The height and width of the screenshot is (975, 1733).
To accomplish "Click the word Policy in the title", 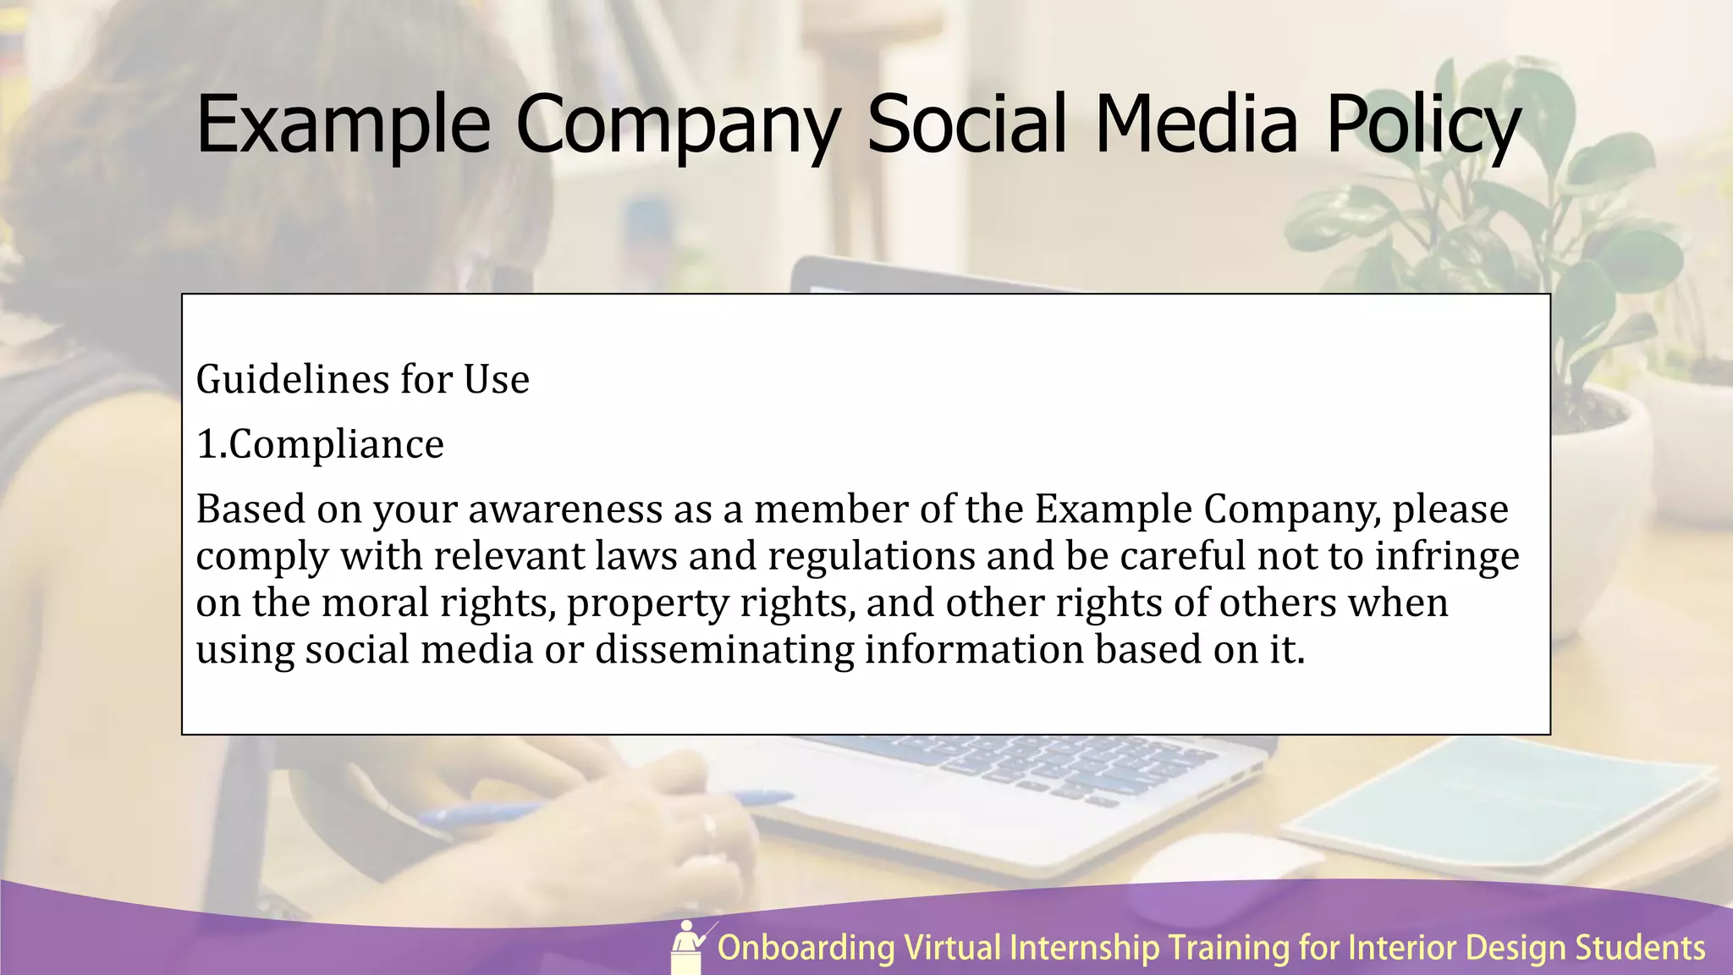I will pos(1423,125).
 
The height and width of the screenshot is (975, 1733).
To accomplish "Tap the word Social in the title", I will pos(966,125).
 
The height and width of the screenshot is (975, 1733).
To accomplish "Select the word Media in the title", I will pos(1196,125).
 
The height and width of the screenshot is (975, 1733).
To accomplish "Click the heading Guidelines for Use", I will pos(362,379).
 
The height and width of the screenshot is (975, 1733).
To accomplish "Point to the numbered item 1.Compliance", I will pos(320,444).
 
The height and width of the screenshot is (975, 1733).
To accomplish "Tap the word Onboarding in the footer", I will pos(806,948).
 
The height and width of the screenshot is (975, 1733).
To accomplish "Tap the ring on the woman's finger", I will pos(709,825).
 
